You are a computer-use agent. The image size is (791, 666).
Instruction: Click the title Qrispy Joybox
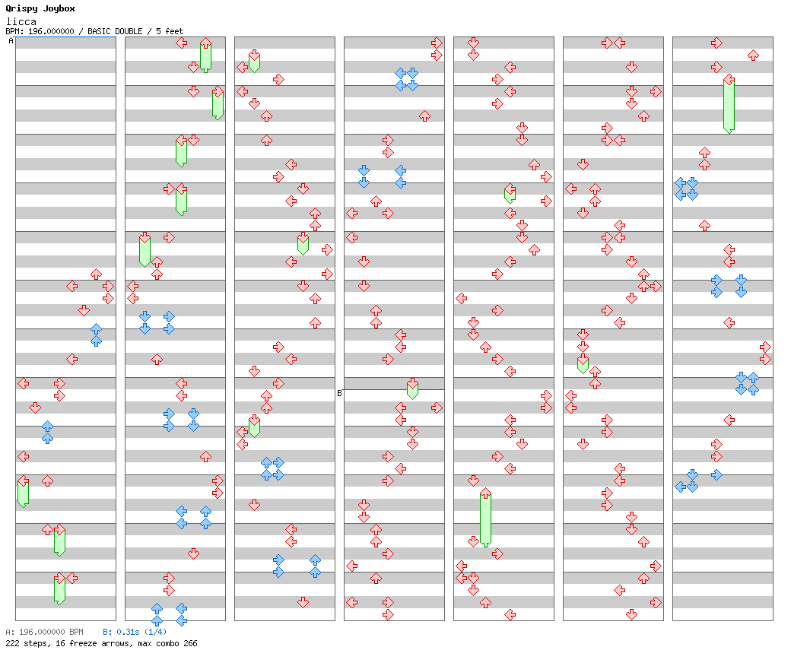[x=40, y=8]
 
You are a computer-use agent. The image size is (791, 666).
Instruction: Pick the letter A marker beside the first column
[x=11, y=41]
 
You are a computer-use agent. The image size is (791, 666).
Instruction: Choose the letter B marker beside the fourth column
[x=339, y=393]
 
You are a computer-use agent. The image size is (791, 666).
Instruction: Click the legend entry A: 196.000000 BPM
[x=44, y=632]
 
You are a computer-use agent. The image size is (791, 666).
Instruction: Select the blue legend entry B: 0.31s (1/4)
[x=135, y=632]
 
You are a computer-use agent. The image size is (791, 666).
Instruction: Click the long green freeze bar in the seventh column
[x=729, y=105]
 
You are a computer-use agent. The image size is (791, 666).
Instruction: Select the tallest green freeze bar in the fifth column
[x=485, y=519]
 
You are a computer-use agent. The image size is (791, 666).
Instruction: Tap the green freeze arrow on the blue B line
[x=412, y=388]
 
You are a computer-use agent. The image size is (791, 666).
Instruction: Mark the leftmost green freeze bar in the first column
[x=23, y=492]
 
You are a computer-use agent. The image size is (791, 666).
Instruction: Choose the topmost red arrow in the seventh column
[x=716, y=43]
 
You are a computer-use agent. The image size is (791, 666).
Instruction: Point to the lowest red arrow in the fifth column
[x=510, y=614]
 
